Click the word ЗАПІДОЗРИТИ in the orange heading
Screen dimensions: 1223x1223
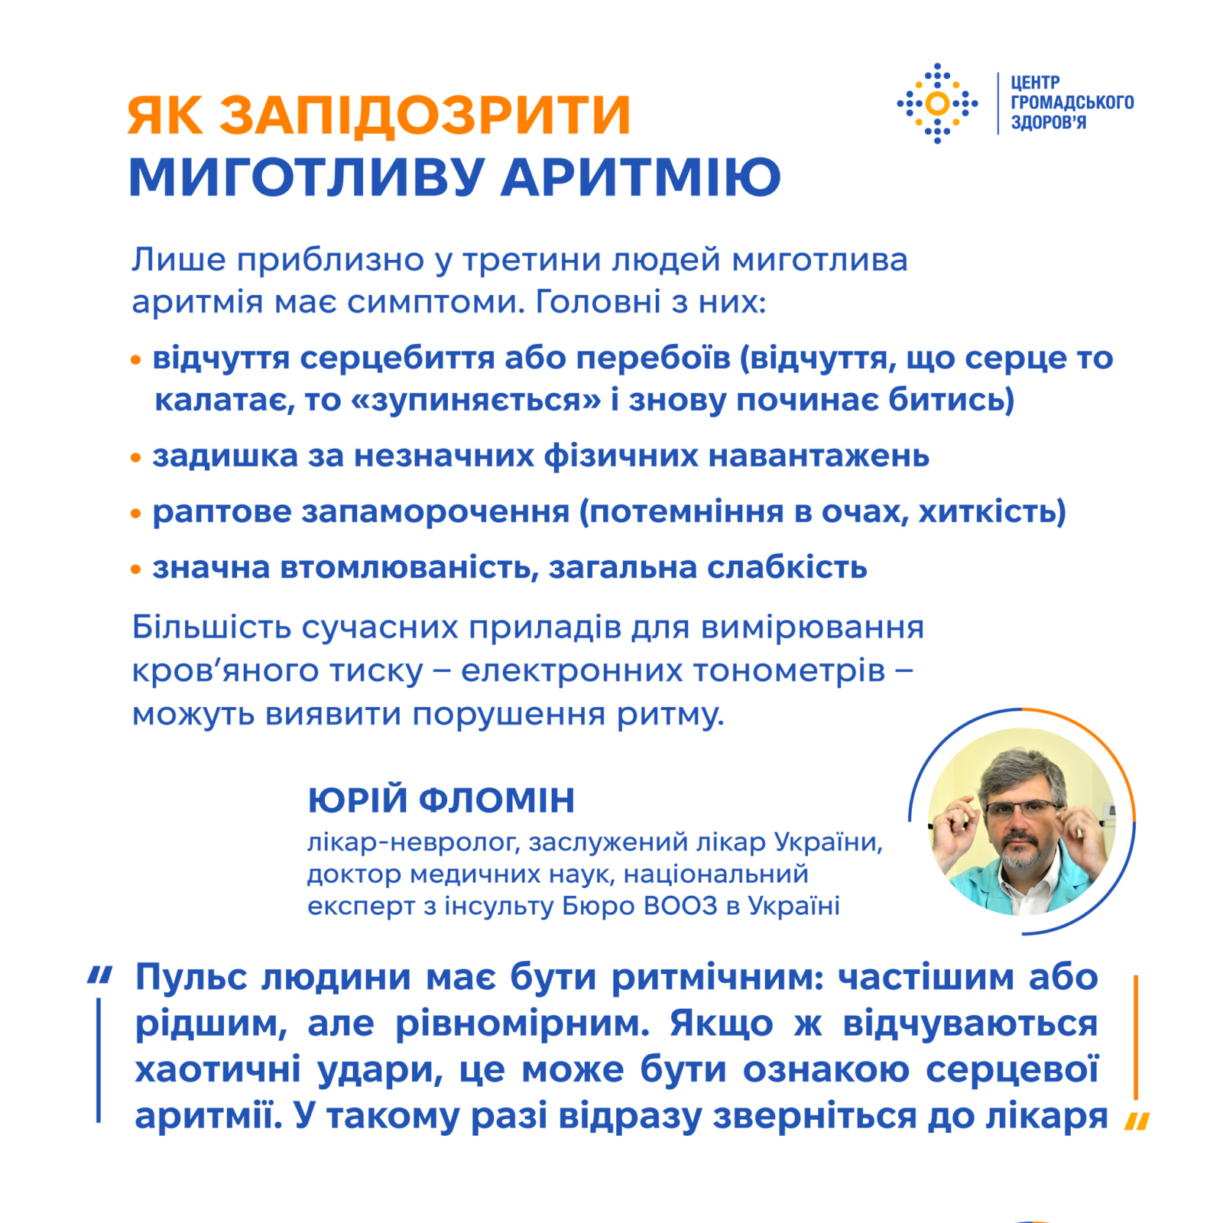425,115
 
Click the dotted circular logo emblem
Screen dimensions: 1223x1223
937,103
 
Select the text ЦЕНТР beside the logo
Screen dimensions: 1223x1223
1035,83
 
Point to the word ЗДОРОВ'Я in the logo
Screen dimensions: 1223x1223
1048,123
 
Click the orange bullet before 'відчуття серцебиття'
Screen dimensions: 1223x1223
136,360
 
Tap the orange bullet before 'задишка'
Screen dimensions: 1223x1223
136,458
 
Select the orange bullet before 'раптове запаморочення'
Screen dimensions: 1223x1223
136,514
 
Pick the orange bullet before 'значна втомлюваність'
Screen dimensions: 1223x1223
136,569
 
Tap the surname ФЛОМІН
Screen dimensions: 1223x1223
497,800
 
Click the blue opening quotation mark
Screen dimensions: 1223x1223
100,975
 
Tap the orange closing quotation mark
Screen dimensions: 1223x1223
1137,1121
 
